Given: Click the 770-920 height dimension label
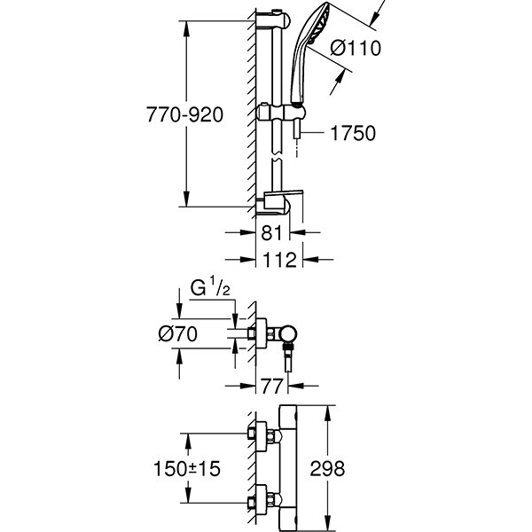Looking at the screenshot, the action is [184, 114].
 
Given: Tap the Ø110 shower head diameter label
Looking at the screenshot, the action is [356, 48].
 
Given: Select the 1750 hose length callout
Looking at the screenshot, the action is [353, 133].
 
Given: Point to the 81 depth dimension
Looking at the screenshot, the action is [271, 232].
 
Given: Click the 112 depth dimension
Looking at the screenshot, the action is [280, 260].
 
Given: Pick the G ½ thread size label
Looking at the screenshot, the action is [210, 287].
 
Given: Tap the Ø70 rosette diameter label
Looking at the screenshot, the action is [177, 334].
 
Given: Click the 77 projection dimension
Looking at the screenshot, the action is [271, 386].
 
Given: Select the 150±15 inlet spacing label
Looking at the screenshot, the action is [187, 468].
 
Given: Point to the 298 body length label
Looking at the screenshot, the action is [327, 468].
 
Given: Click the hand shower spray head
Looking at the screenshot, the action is [310, 54].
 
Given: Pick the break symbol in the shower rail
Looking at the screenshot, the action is [277, 159].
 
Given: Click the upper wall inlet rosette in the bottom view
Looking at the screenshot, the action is [262, 436].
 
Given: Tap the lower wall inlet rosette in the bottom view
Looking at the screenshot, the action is [262, 500].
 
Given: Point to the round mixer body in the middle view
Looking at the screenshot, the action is [288, 334].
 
